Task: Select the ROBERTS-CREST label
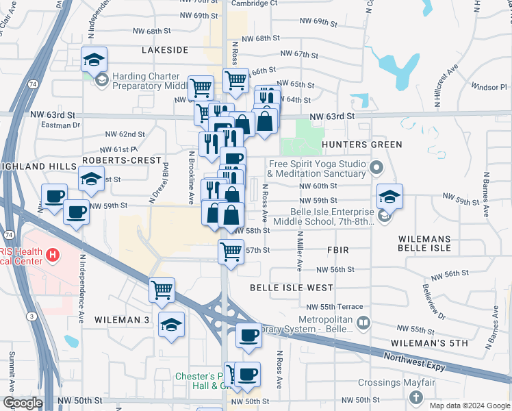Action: click(x=111, y=159)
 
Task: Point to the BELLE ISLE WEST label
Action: click(x=281, y=288)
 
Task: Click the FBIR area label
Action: click(x=338, y=251)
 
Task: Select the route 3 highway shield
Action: click(x=32, y=315)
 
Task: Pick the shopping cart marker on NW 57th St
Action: click(x=231, y=251)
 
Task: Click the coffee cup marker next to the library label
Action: click(x=248, y=336)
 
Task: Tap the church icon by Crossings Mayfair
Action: click(x=415, y=397)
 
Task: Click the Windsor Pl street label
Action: click(x=487, y=87)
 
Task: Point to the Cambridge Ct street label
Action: click(x=255, y=3)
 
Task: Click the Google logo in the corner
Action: click(x=23, y=403)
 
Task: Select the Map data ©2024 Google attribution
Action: click(x=470, y=406)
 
